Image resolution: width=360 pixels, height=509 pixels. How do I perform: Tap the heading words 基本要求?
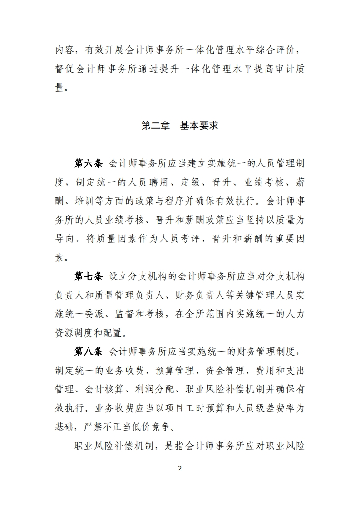199,125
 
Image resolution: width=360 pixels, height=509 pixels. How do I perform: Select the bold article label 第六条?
89,163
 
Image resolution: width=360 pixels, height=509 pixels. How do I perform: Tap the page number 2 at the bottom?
180,468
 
